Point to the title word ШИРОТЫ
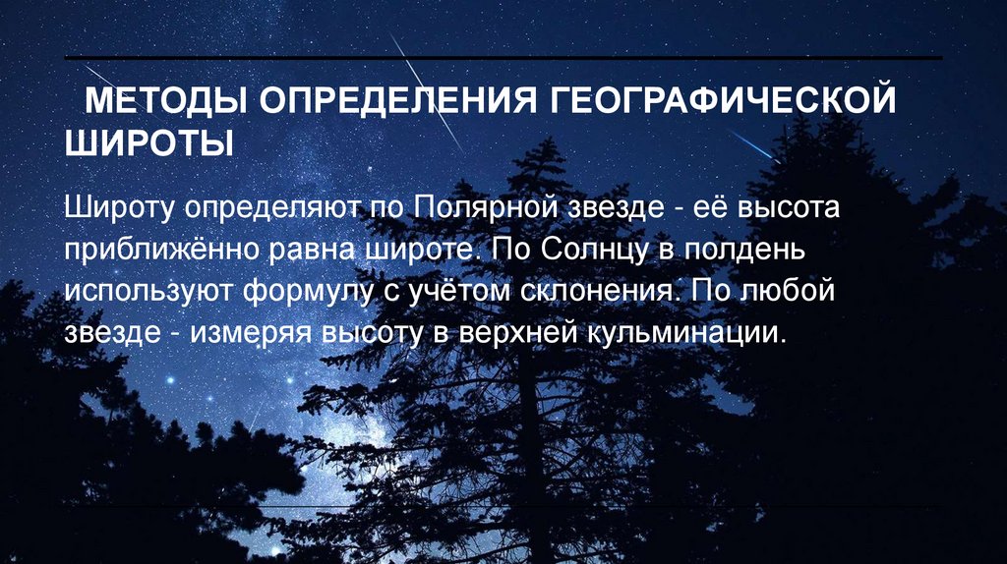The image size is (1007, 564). pyautogui.click(x=149, y=142)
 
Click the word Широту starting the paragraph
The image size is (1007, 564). pyautogui.click(x=120, y=208)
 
